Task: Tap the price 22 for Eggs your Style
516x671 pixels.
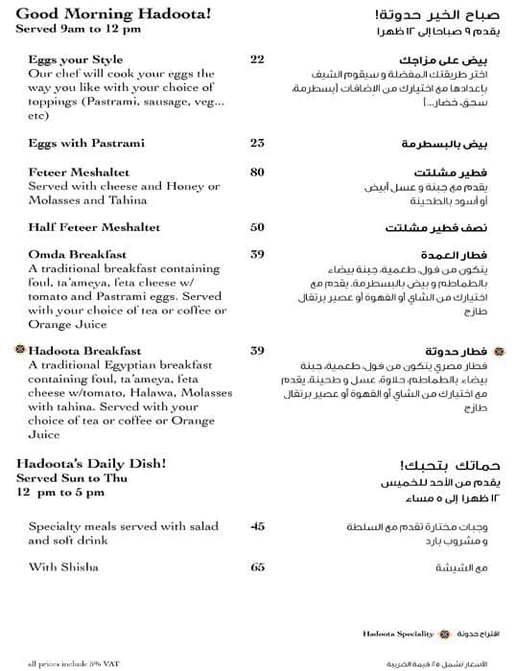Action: (x=257, y=59)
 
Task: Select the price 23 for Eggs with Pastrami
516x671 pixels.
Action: (x=257, y=144)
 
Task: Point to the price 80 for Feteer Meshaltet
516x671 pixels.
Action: (x=257, y=173)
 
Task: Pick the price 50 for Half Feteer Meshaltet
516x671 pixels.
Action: (x=257, y=228)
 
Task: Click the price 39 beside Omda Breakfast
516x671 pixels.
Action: (x=257, y=255)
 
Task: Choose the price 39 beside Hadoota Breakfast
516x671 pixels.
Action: (x=257, y=351)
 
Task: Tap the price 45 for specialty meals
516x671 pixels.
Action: (x=257, y=526)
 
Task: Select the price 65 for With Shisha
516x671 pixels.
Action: (x=257, y=567)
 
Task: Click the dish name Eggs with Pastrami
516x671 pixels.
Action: (x=86, y=144)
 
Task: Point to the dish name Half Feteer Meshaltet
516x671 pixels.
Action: (x=94, y=228)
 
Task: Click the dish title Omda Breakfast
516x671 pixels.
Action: (x=79, y=255)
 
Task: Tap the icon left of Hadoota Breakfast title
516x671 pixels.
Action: (x=19, y=351)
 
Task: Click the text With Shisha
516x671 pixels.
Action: (x=63, y=567)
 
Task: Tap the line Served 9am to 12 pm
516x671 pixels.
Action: (x=78, y=29)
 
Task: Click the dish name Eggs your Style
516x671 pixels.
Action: (x=76, y=59)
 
